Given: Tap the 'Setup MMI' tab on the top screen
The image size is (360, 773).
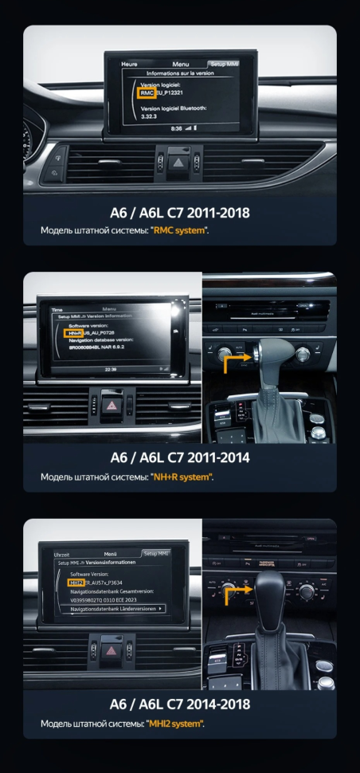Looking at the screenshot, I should [222, 63].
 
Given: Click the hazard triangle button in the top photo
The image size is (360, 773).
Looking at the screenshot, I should [180, 159].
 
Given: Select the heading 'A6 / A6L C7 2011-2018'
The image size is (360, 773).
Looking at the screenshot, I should [180, 213].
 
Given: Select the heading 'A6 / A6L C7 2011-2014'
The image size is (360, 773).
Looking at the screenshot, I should [180, 458].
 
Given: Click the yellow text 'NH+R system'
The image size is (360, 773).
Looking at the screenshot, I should [182, 477].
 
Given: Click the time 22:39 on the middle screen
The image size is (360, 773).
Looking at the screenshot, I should [110, 369].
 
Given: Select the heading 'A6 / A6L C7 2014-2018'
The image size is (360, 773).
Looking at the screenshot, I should [180, 704].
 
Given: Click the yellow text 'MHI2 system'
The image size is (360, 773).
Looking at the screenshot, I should [177, 723].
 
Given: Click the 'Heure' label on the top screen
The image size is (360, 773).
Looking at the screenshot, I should [130, 63].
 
